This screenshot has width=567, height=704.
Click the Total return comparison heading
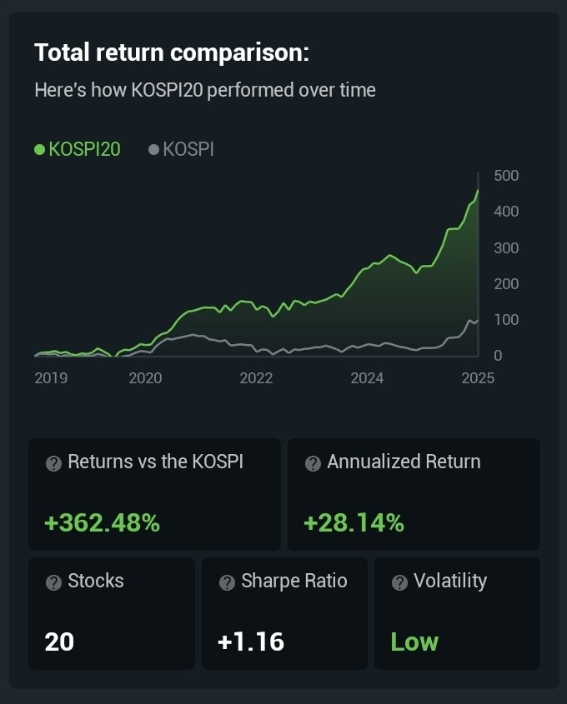[172, 53]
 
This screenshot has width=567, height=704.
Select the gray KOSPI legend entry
[181, 149]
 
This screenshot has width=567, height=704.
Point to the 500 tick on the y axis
[506, 176]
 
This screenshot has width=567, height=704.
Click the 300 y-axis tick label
[506, 248]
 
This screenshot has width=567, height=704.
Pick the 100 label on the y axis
[506, 320]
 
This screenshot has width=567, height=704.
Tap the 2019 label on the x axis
[51, 378]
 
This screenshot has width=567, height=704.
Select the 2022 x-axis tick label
[256, 378]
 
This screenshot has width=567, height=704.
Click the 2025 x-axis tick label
[478, 378]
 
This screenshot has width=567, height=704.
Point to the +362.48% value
[102, 523]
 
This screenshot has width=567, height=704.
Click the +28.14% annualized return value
[354, 523]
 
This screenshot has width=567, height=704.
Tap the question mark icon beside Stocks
[53, 582]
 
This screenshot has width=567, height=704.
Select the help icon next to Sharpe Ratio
[227, 582]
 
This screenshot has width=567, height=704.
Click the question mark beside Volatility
[399, 582]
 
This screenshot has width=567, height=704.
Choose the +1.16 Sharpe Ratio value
[250, 642]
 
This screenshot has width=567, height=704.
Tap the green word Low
[414, 642]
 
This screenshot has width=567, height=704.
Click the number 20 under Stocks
[59, 642]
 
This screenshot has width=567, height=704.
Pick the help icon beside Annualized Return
[313, 463]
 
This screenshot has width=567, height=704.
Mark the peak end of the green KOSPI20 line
[478, 191]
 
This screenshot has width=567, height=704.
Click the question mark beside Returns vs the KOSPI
[53, 463]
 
